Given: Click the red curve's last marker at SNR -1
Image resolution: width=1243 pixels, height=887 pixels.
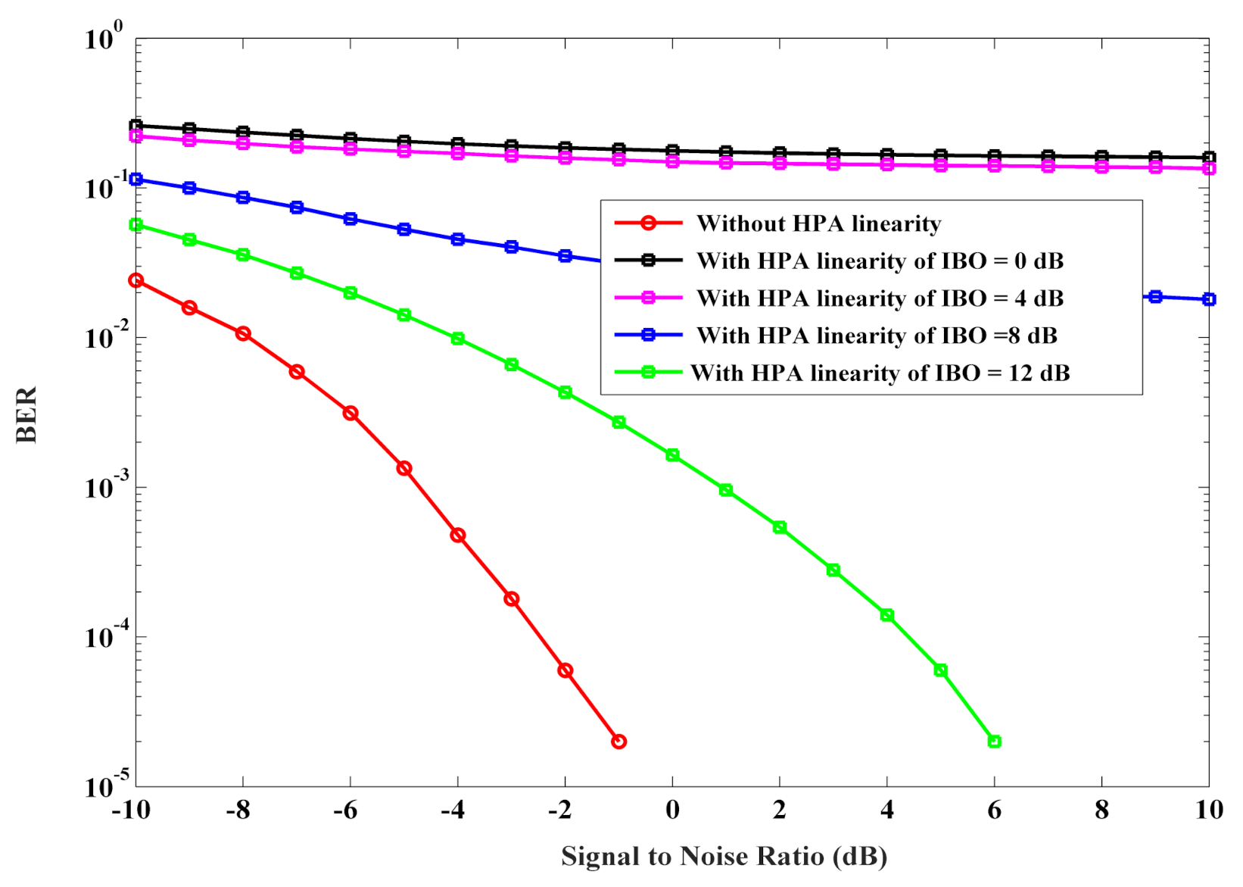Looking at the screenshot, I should (618, 742).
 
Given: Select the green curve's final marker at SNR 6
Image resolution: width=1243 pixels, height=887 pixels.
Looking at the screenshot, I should (994, 742).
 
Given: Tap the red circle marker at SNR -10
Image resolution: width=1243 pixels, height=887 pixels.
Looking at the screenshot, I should (136, 280).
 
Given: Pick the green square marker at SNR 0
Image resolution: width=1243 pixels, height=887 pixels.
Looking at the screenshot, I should (672, 455).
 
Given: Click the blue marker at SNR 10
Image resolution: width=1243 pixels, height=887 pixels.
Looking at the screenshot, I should (1209, 299).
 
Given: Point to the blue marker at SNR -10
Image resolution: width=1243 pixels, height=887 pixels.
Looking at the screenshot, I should (136, 180).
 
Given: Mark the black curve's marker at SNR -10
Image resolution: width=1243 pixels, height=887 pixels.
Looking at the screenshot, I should (136, 126).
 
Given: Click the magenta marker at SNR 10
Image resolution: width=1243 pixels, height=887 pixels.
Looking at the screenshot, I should (1209, 168).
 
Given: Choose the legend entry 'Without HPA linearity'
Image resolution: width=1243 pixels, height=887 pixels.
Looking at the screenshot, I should (818, 223).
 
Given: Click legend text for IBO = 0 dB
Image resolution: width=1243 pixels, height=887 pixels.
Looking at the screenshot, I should (880, 261).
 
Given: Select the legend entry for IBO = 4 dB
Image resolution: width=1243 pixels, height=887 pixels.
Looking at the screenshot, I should (880, 298).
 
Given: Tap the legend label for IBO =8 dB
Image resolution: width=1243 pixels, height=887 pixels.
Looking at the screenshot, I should (877, 335).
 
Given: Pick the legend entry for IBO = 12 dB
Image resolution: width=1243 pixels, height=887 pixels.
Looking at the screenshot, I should (880, 373).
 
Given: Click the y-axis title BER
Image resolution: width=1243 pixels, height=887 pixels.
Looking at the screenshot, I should (26, 414).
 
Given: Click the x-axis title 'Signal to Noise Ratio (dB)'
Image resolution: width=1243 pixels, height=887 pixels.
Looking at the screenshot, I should (724, 856).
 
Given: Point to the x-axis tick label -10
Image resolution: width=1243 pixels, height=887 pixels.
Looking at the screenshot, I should (131, 810).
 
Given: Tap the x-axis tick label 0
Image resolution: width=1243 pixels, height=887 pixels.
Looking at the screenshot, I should (672, 810).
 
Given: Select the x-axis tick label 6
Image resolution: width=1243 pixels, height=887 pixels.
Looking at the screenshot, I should (994, 810).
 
